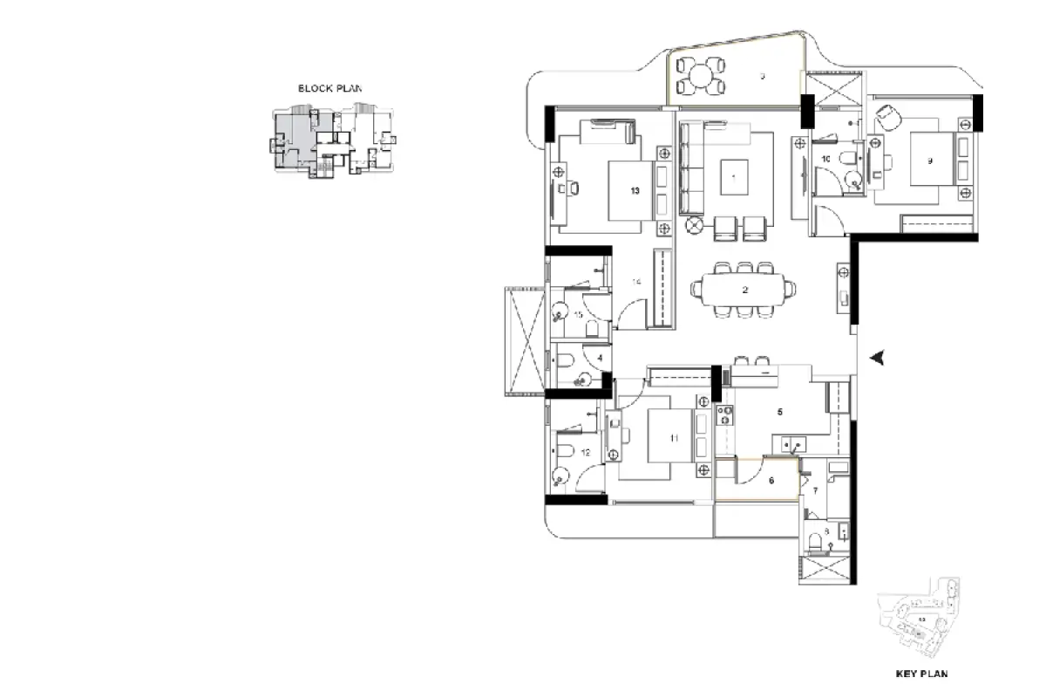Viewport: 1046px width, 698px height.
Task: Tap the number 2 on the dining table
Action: point(745,291)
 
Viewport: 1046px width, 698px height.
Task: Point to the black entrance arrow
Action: point(880,356)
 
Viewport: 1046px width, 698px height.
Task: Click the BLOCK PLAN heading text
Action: point(329,88)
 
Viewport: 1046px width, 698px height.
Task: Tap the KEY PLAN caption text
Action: point(921,674)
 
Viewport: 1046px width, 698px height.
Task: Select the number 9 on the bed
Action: point(930,161)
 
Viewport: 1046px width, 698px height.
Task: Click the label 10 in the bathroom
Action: point(825,160)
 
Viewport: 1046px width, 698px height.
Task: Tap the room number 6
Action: point(771,479)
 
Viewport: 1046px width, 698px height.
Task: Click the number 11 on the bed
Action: point(674,439)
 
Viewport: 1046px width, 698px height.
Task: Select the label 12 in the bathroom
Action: point(586,453)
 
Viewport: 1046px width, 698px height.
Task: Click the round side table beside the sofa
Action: point(695,225)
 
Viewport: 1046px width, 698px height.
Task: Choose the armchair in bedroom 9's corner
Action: point(886,117)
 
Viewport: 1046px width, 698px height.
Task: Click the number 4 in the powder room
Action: point(600,358)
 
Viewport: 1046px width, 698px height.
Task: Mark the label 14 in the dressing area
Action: point(637,282)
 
